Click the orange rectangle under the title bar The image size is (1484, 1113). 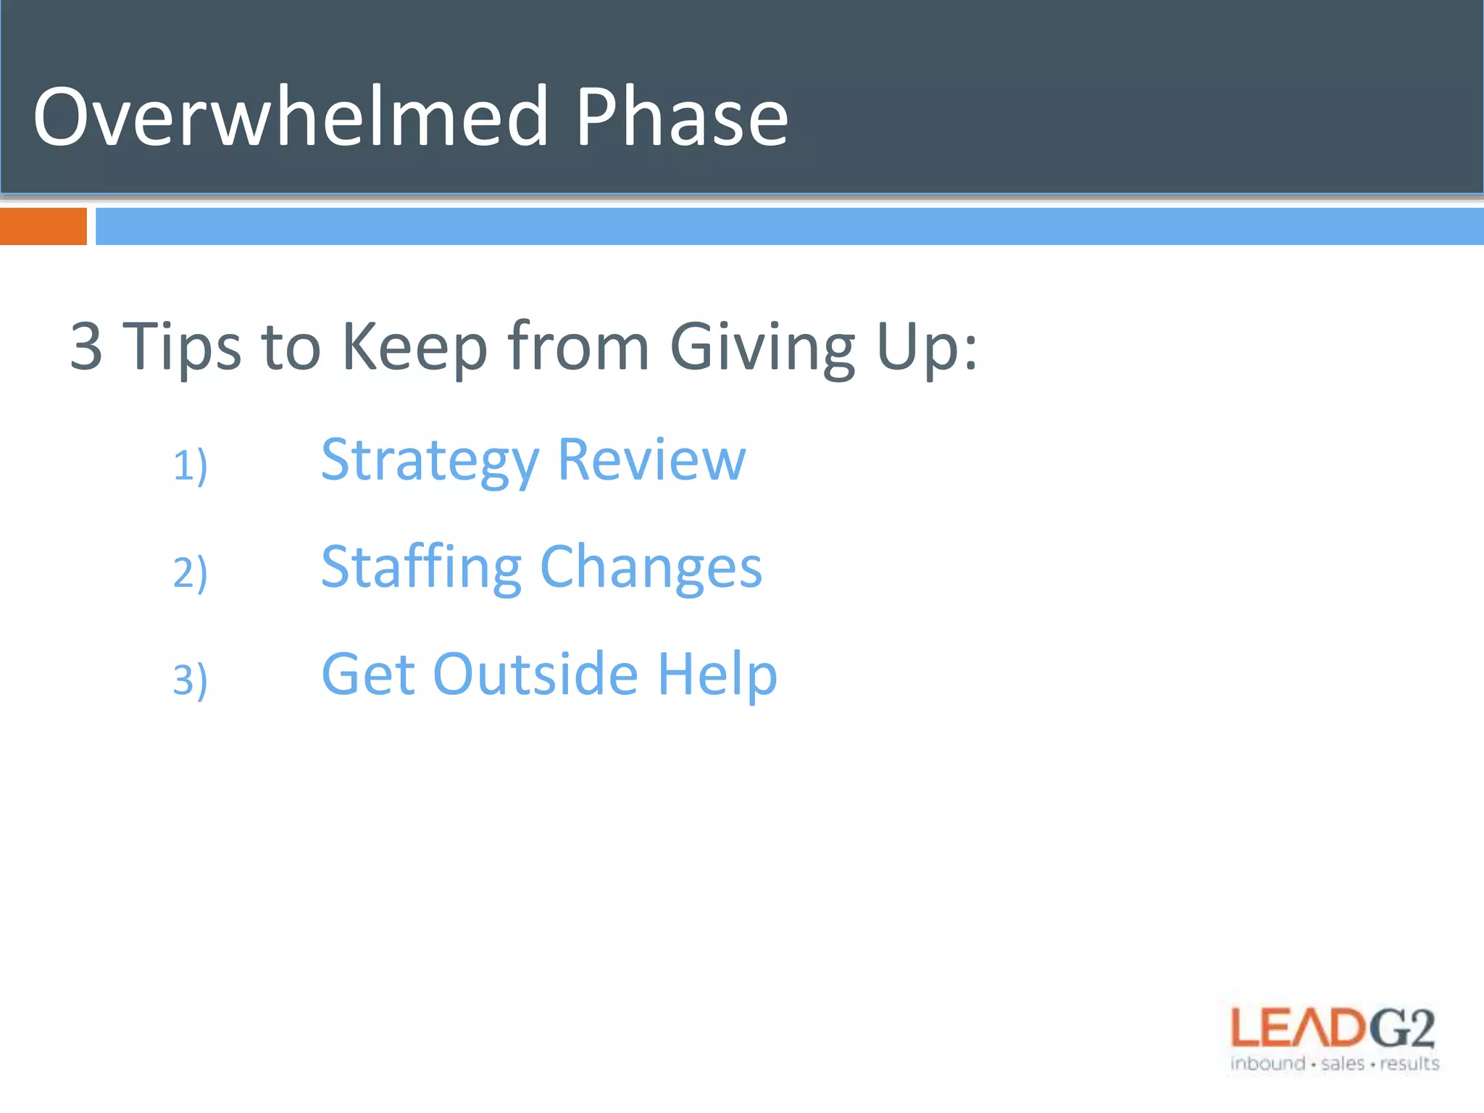tap(43, 226)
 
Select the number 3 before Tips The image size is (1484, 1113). tap(86, 346)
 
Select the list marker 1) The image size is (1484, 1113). tap(190, 465)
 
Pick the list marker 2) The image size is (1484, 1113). tap(190, 572)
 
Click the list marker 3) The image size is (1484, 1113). tap(190, 680)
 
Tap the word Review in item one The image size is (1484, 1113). tap(652, 460)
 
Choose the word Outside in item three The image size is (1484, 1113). tap(535, 675)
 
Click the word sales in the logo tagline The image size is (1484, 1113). tap(1343, 1064)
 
